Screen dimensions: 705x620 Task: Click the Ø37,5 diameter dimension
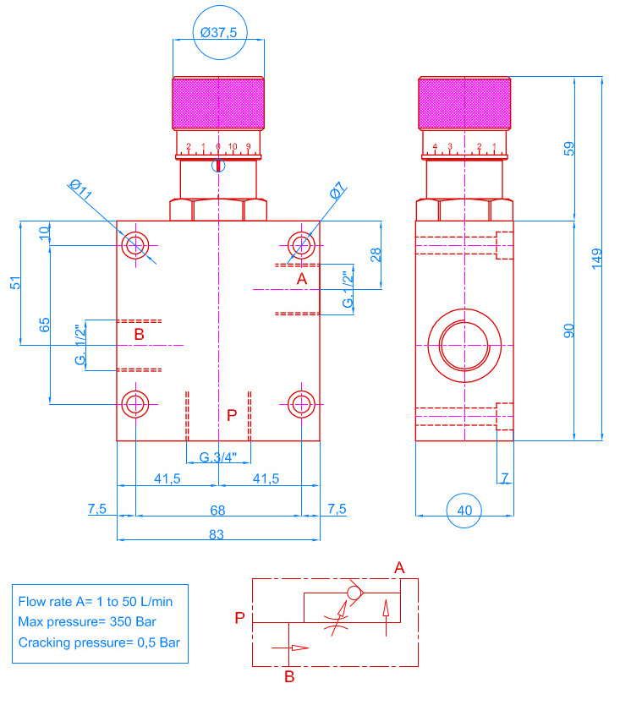[217, 32]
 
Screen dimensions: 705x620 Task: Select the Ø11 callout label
[81, 190]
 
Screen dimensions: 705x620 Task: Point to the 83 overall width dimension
[217, 533]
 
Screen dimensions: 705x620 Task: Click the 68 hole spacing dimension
[217, 510]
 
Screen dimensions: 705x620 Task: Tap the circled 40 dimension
[464, 510]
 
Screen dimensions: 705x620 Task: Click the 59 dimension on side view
[569, 148]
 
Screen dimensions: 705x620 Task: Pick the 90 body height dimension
[569, 331]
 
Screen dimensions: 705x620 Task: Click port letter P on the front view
[232, 415]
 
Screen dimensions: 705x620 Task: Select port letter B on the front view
[140, 335]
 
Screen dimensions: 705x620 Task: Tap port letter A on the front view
[301, 278]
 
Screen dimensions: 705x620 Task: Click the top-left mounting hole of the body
[135, 245]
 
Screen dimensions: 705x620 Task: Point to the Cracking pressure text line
[99, 642]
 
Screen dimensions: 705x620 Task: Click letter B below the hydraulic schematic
[289, 676]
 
